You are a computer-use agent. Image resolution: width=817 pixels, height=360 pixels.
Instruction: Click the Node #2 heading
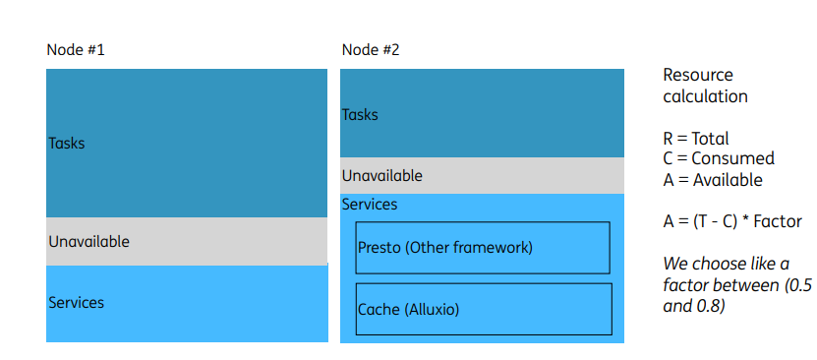click(x=371, y=49)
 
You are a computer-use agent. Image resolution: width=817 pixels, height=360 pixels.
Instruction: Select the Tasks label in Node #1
click(x=67, y=144)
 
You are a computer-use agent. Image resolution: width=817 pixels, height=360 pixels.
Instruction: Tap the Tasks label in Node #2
click(x=360, y=115)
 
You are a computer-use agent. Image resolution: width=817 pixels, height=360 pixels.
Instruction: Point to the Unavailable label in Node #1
click(x=88, y=241)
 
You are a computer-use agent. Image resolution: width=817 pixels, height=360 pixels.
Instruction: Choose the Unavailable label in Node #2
click(x=381, y=176)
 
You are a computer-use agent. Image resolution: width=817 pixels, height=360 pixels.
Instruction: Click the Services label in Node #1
click(x=76, y=303)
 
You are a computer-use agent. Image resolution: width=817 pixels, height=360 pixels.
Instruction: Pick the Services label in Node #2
click(x=370, y=205)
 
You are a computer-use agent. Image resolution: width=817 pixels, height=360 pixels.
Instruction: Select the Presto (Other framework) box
click(x=483, y=248)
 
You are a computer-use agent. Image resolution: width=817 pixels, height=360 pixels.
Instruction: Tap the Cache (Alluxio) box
click(x=484, y=309)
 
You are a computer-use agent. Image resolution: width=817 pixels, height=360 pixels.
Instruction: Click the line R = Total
click(x=696, y=139)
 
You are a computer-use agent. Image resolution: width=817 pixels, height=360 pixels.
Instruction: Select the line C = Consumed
click(x=719, y=158)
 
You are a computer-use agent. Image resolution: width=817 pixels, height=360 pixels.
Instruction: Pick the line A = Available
click(x=713, y=179)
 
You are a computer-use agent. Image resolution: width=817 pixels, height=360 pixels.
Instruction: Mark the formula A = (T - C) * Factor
click(x=732, y=221)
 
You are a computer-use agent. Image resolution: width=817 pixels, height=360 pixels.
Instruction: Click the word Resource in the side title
click(x=698, y=76)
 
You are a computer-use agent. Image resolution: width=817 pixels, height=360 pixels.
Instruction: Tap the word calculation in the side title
click(x=705, y=96)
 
